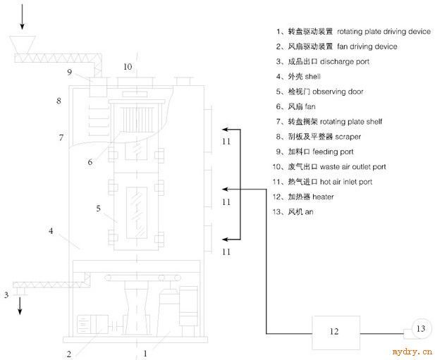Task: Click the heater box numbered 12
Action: pyautogui.click(x=336, y=333)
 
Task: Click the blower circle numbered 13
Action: pyautogui.click(x=421, y=329)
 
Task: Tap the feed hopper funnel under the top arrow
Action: pyautogui.click(x=22, y=44)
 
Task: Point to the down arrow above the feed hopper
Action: pyautogui.click(x=22, y=17)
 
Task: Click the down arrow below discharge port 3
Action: pyautogui.click(x=20, y=306)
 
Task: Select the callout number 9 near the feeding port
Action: pyautogui.click(x=70, y=72)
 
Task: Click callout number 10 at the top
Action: pyautogui.click(x=128, y=67)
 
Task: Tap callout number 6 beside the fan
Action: pyautogui.click(x=90, y=162)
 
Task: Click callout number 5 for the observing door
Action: pyautogui.click(x=98, y=208)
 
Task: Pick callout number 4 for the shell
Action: pyautogui.click(x=51, y=230)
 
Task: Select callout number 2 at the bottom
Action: pyautogui.click(x=69, y=354)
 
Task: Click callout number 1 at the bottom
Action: pyautogui.click(x=145, y=354)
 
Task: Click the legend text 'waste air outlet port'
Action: pyautogui.click(x=353, y=167)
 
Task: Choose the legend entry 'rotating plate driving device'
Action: pyautogui.click(x=384, y=32)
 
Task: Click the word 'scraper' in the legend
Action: pyautogui.click(x=348, y=137)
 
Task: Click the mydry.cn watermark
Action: pyautogui.click(x=412, y=352)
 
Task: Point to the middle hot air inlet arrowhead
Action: pyautogui.click(x=225, y=190)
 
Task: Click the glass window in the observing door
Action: pyautogui.click(x=137, y=213)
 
